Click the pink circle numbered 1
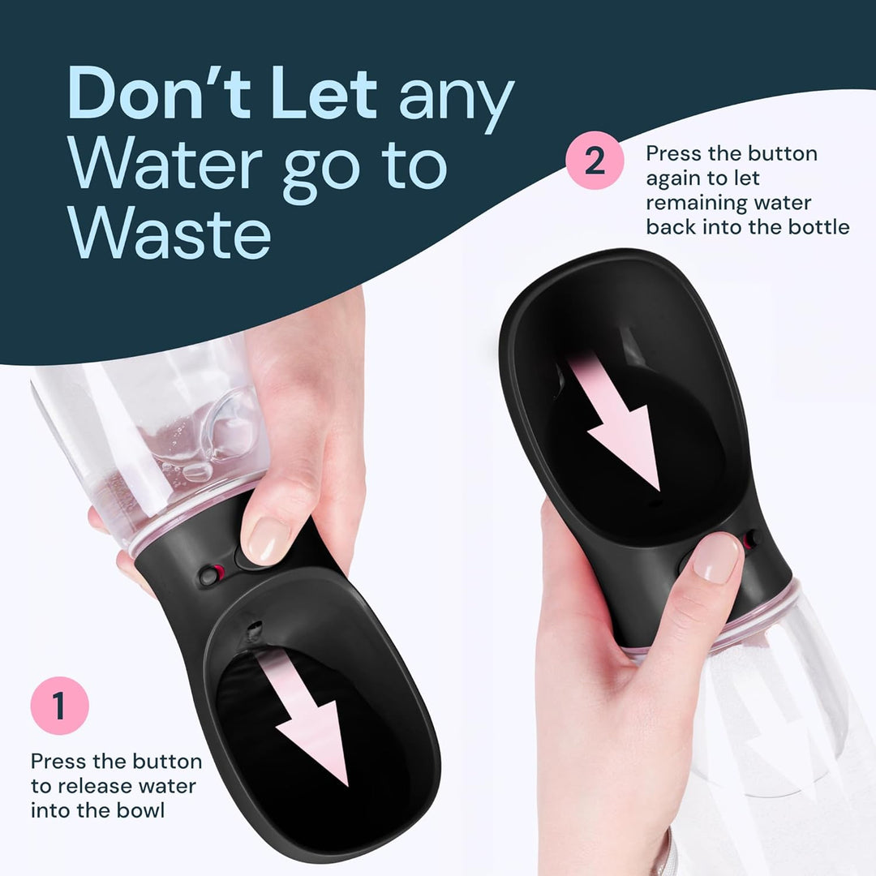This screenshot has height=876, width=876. (59, 706)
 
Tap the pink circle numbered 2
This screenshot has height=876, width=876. (595, 161)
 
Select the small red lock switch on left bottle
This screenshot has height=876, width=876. (211, 573)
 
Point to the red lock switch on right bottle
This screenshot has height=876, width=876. (753, 537)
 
